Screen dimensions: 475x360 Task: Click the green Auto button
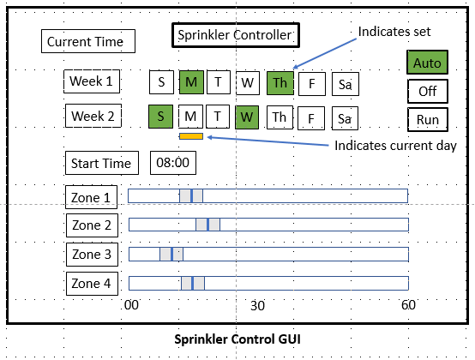tap(427, 63)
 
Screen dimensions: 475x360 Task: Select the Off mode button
tap(428, 91)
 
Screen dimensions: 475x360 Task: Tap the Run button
tap(428, 120)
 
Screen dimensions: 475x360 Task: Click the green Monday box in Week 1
tap(191, 82)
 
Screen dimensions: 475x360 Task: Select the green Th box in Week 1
tap(280, 83)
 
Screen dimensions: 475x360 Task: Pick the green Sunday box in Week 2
tap(160, 117)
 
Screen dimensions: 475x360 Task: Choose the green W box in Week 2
tap(247, 117)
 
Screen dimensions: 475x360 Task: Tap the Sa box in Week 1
tap(346, 84)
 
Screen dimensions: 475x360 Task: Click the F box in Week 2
tap(311, 118)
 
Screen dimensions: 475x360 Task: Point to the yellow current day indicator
tap(191, 136)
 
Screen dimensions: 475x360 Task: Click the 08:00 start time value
tap(173, 163)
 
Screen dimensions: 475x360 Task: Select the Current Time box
tap(88, 41)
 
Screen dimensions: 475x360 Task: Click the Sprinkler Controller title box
tap(236, 35)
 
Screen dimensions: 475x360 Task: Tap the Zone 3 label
tap(92, 255)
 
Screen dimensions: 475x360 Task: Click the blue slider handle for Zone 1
tap(192, 196)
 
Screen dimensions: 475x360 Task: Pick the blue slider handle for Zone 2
tap(207, 225)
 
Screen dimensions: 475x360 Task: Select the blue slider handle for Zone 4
tap(193, 284)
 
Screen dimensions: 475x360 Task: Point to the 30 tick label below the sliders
tap(257, 306)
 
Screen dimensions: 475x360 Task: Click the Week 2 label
tap(93, 116)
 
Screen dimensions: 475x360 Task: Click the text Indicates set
tap(394, 32)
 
